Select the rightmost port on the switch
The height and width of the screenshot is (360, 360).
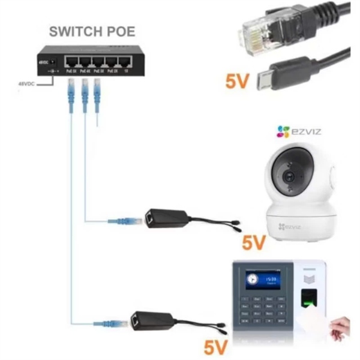(125, 63)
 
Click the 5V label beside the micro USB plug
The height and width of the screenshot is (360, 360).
(238, 82)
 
